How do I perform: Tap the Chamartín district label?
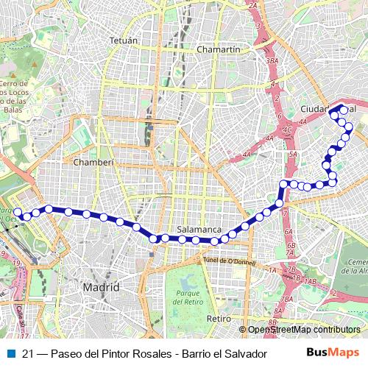(x=219, y=49)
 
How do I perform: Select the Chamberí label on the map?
(x=93, y=162)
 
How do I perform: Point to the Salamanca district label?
(x=195, y=230)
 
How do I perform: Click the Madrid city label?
(x=101, y=286)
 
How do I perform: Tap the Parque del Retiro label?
(x=189, y=298)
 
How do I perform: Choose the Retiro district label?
(x=219, y=319)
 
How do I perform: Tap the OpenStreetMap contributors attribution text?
(x=303, y=330)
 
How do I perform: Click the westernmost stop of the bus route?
(x=18, y=212)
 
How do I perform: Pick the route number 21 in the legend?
(x=28, y=353)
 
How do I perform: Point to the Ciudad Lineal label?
(x=328, y=109)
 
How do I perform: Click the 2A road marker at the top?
(x=254, y=6)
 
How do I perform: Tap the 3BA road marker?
(x=272, y=60)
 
